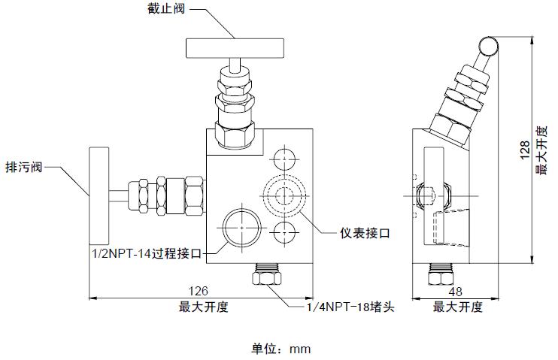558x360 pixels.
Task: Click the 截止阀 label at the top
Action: [164, 11]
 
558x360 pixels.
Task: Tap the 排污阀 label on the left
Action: [23, 167]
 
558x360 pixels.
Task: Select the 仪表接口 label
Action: [365, 233]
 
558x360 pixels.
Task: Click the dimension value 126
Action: [198, 291]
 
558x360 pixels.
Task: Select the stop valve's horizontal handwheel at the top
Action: [233, 49]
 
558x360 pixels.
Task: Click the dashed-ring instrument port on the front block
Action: [284, 195]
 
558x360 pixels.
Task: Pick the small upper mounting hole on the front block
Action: [284, 160]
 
